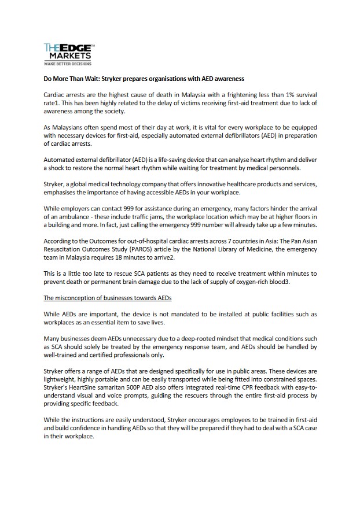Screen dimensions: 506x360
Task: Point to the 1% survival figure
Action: (285, 94)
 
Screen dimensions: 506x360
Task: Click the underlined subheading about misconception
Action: (107, 298)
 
